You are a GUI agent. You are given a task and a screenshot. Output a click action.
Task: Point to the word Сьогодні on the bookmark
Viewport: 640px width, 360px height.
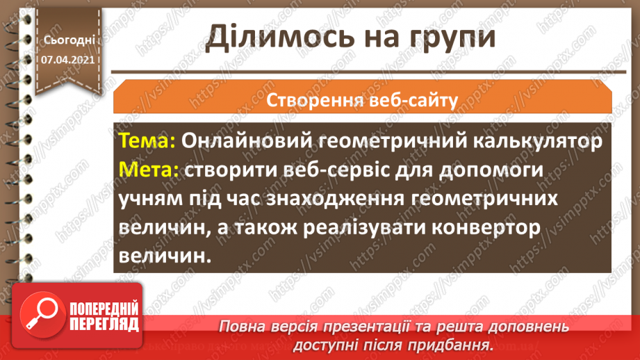tap(68, 41)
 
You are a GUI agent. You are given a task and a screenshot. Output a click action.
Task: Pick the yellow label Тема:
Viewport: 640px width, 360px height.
tap(147, 141)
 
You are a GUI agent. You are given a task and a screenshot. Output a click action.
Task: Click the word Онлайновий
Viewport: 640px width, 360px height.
tap(243, 141)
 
